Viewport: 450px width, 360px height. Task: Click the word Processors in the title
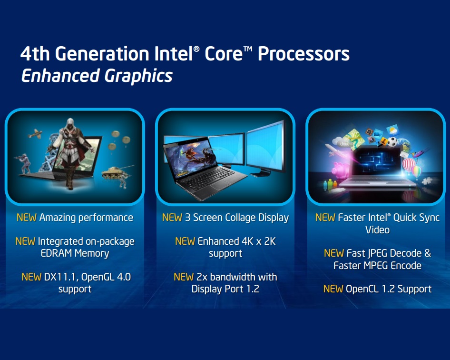tap(303, 54)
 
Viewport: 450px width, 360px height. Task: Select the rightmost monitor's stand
tap(261, 174)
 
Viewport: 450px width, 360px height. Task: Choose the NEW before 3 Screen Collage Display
tap(172, 218)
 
